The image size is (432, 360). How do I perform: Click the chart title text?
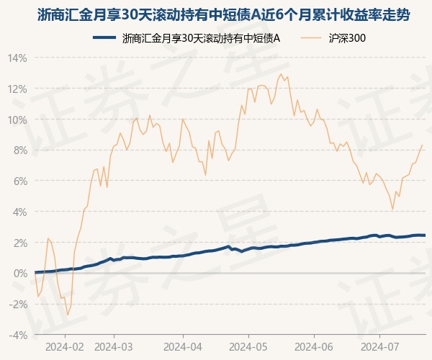[x=223, y=15]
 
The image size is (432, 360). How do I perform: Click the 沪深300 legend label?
[x=347, y=38]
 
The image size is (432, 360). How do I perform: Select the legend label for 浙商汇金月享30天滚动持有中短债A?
[x=201, y=38]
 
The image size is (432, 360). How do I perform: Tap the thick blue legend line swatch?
[x=104, y=37]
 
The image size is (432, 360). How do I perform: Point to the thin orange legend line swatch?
[x=311, y=37]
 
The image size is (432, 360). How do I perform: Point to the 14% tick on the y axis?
[x=17, y=58]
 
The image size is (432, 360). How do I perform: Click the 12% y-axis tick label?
[x=17, y=89]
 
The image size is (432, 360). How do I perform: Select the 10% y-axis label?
[x=17, y=120]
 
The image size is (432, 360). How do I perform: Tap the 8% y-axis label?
[x=20, y=150]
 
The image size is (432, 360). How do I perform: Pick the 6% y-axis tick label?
[x=20, y=181]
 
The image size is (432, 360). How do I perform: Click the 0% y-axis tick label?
[x=20, y=274]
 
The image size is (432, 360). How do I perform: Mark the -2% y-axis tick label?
[x=18, y=305]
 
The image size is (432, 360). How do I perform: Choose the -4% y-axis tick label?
[x=18, y=336]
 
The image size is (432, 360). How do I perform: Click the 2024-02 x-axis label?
[x=65, y=347]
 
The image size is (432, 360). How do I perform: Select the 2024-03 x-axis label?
[x=114, y=347]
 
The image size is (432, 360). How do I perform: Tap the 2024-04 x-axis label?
[x=183, y=347]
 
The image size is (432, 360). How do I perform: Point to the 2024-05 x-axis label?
[x=248, y=347]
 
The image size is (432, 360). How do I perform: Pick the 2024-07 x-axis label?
[x=379, y=347]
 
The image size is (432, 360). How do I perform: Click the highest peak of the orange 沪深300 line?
[x=281, y=74]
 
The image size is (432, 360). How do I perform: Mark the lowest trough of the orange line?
[x=68, y=315]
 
